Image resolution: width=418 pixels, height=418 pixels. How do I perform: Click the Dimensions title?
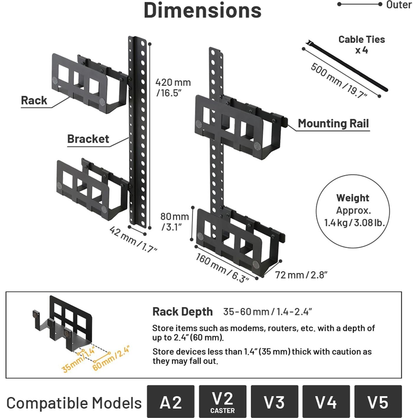pos(203,11)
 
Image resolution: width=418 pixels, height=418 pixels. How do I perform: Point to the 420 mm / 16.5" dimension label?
pos(173,87)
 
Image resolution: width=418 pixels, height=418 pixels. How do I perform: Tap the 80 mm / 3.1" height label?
pos(174,221)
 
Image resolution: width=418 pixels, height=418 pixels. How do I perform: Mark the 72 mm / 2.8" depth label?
pos(301,275)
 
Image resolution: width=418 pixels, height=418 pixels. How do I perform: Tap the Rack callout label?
pos(34,100)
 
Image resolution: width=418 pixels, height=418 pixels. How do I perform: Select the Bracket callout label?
pos(88,139)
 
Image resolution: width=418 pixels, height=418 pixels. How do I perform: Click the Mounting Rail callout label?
pos(333,123)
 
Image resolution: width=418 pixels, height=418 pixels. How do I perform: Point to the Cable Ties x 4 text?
pos(362,45)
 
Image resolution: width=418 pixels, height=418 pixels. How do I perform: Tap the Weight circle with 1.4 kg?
pos(353,211)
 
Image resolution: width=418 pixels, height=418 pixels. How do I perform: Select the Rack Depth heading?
pos(182,312)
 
